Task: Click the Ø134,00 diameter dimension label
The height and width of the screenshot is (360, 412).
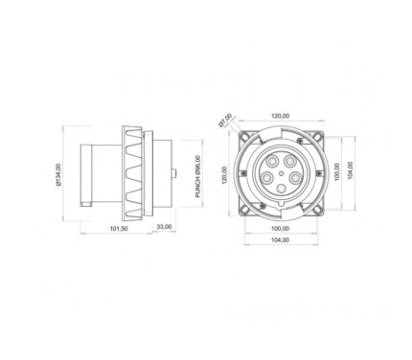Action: pos(57,174)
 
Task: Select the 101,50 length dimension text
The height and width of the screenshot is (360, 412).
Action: pos(119,229)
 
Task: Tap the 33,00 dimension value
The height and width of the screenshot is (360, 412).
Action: pos(164,227)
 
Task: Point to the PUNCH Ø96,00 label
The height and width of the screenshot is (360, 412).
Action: pos(198,176)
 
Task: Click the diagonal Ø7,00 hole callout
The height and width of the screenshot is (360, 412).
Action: pos(226,121)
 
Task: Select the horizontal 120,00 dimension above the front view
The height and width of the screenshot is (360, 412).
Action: pos(281,116)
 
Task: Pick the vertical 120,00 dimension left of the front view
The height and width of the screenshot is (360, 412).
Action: pos(224,175)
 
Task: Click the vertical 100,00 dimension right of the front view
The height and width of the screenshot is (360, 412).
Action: pos(336,171)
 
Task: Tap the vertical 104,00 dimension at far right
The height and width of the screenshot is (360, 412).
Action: pos(350,170)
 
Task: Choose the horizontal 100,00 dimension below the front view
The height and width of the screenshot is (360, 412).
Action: pos(280,229)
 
